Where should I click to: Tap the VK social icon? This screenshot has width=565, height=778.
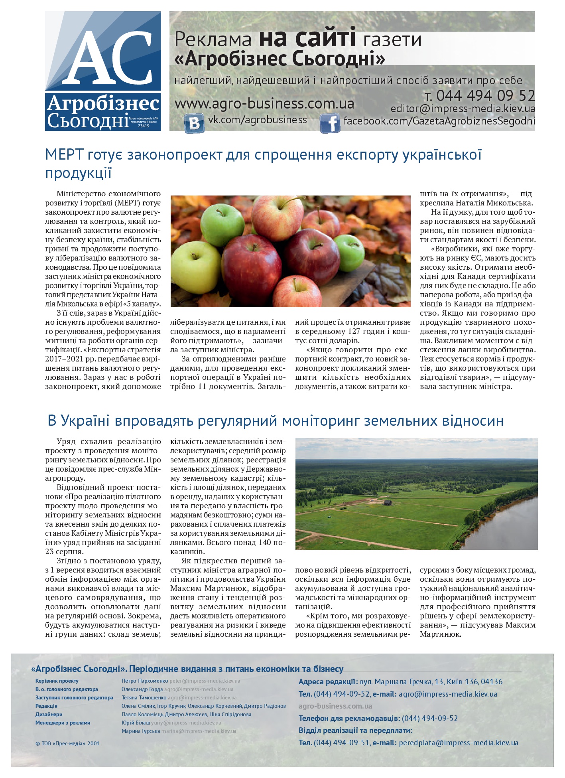(x=194, y=123)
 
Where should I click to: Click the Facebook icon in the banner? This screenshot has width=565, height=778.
(x=330, y=123)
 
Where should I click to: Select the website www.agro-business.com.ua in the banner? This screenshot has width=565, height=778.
(x=264, y=104)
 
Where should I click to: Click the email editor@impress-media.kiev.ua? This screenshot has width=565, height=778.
(x=463, y=109)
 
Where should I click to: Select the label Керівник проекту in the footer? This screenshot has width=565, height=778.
(x=57, y=681)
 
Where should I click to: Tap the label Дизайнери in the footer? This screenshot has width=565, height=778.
(x=49, y=714)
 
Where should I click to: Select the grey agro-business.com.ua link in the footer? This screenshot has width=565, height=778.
(x=335, y=706)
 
